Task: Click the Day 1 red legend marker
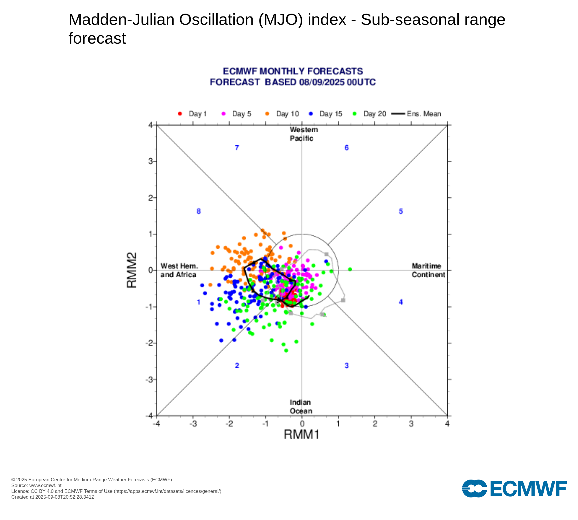180,114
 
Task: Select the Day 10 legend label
287,114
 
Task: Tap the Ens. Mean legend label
424,114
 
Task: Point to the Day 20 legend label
375,114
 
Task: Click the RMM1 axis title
301,434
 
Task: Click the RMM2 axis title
132,270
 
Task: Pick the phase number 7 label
237,148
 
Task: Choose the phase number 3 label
347,366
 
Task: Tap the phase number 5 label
401,211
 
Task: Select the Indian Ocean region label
301,406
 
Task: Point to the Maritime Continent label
428,270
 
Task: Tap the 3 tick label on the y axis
151,161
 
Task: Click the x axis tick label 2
375,424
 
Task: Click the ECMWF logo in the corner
514,489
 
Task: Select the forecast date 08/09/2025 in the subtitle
322,82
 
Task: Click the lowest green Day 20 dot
286,350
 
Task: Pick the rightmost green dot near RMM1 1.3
350,269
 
